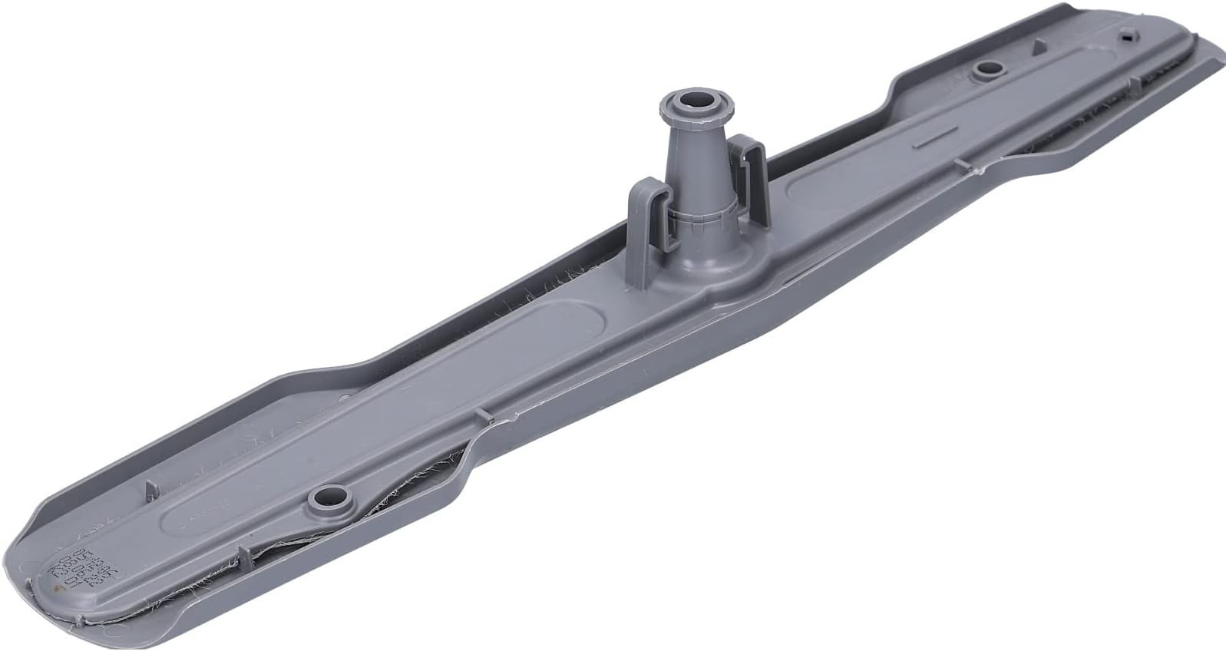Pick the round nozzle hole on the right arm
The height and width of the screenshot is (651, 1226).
tap(986, 70)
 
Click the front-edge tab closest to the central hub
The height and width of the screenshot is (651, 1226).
tap(482, 415)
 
